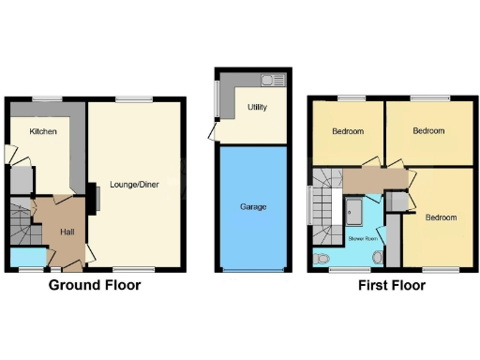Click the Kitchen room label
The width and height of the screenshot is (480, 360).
[43, 131]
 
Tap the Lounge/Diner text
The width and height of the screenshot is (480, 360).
[134, 185]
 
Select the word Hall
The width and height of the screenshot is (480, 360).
[67, 232]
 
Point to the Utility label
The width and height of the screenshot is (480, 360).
[257, 108]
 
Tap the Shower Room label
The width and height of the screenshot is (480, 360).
[362, 240]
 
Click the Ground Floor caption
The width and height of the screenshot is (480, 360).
[95, 285]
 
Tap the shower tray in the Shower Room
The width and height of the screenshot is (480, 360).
[356, 211]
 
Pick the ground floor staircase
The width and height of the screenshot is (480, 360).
[20, 221]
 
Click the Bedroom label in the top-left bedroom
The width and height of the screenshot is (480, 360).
[347, 131]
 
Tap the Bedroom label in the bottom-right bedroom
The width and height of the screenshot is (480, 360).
[441, 217]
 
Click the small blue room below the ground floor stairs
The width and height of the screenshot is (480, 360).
[28, 257]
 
